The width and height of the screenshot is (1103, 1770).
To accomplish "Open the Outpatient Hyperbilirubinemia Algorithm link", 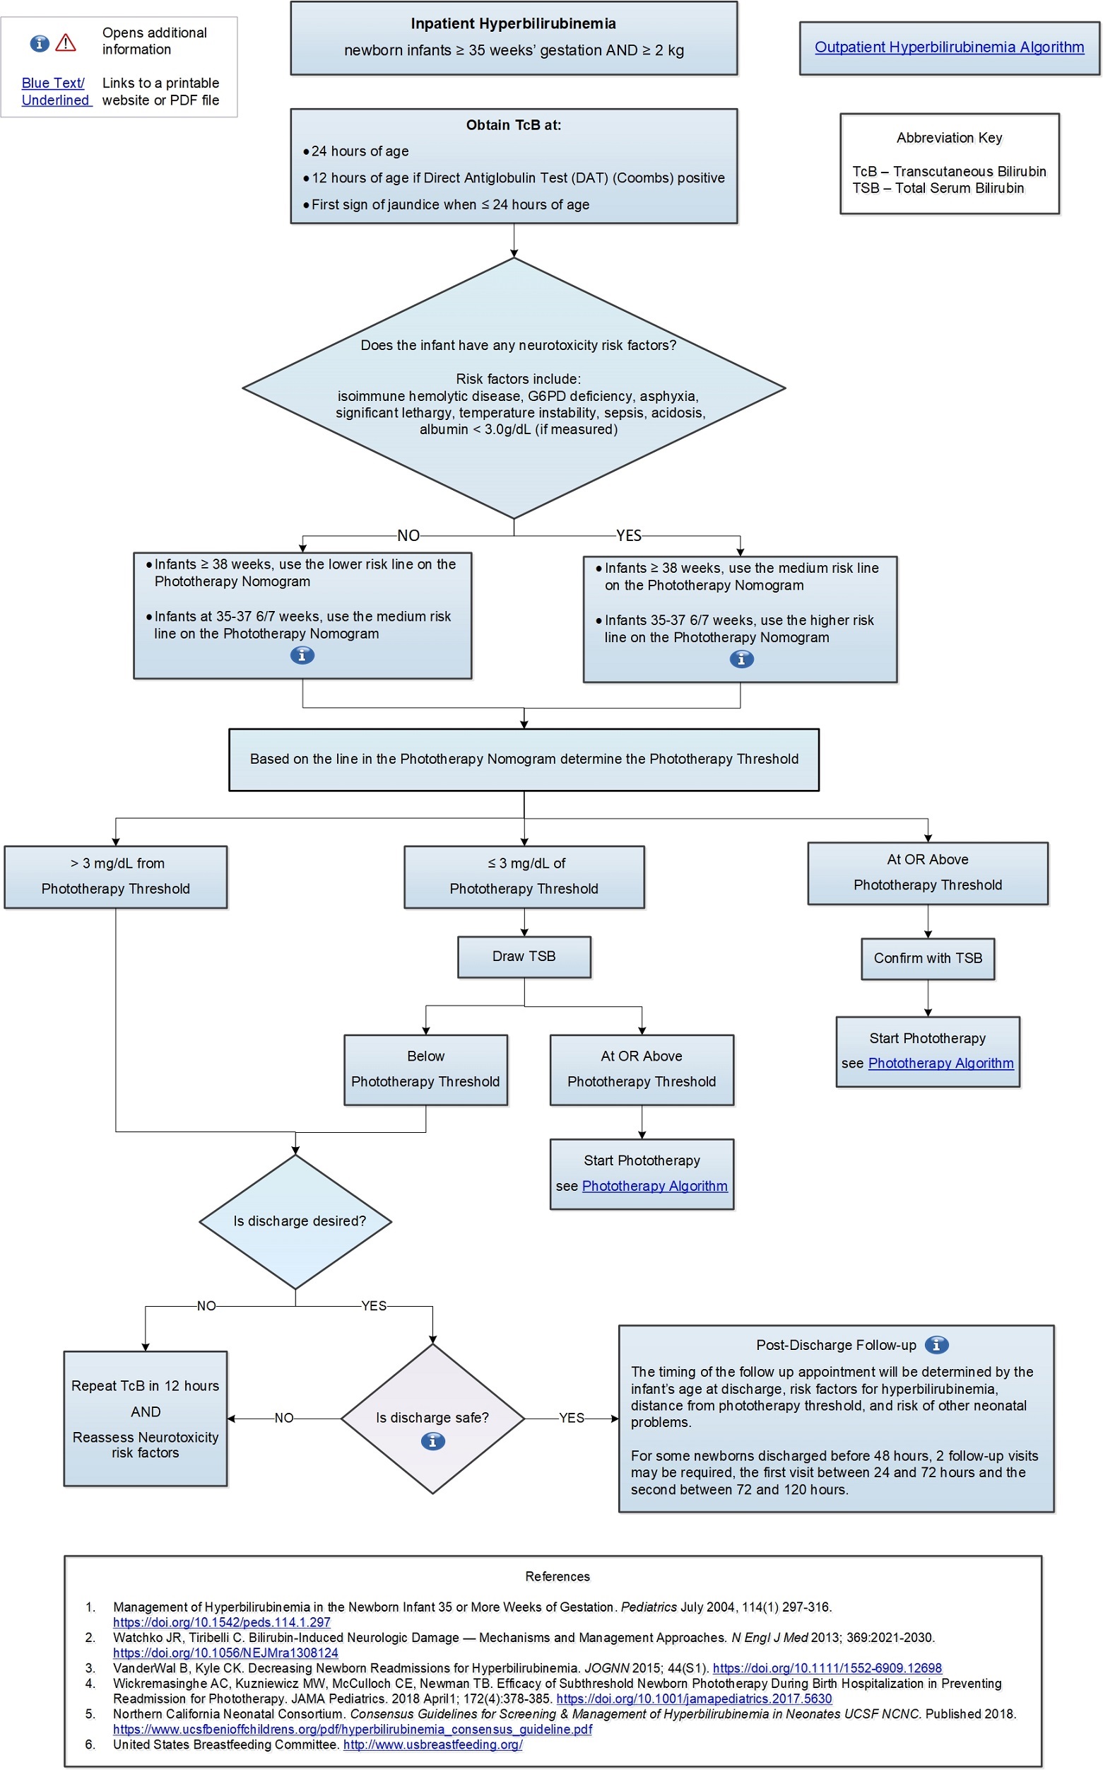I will (x=948, y=47).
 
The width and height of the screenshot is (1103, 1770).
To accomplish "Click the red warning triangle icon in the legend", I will (x=66, y=43).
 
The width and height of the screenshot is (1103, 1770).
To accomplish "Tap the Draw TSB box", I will (x=524, y=956).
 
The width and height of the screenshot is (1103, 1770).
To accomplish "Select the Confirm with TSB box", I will (x=927, y=958).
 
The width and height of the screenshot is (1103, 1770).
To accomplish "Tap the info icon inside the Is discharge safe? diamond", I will (x=432, y=1442).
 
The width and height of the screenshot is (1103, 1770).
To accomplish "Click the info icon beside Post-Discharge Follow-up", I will (x=937, y=1344).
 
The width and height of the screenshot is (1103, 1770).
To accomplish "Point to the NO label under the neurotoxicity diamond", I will (x=408, y=536).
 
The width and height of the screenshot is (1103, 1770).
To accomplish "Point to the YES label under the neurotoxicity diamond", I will (x=628, y=536).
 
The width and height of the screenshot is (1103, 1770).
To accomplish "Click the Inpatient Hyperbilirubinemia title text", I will (x=513, y=24).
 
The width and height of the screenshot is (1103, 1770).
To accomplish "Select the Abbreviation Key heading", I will (x=949, y=138).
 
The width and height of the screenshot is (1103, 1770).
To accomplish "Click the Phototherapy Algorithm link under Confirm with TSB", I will (x=940, y=1064).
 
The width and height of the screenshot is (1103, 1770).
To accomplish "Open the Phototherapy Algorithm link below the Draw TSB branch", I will (x=654, y=1186).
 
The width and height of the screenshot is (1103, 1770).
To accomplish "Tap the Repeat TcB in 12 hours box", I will (x=145, y=1418).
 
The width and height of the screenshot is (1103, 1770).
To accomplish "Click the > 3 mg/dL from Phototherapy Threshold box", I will (x=115, y=877).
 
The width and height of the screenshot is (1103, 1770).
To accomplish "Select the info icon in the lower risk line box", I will (x=302, y=656).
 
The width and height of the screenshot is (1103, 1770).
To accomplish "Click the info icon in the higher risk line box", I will (x=741, y=659).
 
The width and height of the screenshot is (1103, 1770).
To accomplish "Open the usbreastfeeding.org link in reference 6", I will (x=432, y=1745).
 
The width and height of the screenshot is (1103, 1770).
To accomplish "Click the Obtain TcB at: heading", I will (x=513, y=126).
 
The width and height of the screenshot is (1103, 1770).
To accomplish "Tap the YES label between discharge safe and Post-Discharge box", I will (x=571, y=1418).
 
